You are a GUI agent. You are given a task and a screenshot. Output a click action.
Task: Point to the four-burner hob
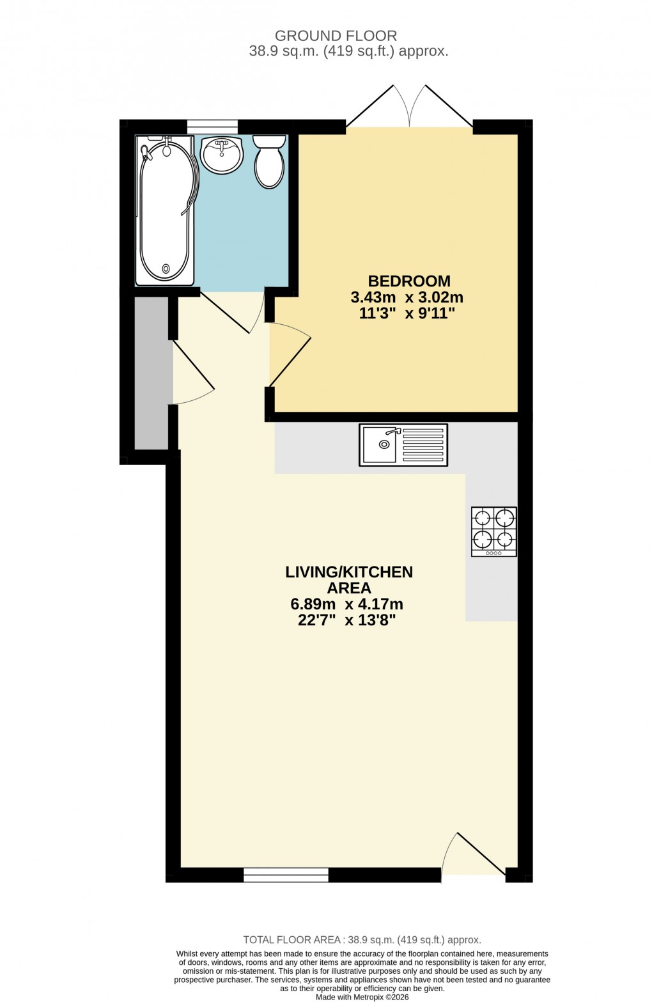click(x=493, y=531)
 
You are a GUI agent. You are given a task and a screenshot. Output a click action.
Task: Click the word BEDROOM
click(x=409, y=281)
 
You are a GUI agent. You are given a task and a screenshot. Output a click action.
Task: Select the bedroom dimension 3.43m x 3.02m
click(x=407, y=297)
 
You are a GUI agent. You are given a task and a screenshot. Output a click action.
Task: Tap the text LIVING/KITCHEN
click(x=349, y=572)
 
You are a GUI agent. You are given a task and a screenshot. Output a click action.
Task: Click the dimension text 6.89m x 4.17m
click(x=346, y=604)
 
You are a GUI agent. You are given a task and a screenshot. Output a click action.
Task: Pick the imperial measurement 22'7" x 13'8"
click(x=346, y=620)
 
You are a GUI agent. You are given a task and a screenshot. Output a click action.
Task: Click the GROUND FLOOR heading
click(x=336, y=36)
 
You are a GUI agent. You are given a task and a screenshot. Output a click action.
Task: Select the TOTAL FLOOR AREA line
click(x=362, y=940)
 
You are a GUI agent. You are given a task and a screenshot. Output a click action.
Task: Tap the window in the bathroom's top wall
click(x=212, y=127)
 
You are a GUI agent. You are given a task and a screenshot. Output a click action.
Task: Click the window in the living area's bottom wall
click(x=286, y=875)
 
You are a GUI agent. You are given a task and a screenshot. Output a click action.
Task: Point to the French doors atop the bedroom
click(x=409, y=109)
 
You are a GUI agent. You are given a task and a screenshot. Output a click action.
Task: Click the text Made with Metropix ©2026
click(x=362, y=997)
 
